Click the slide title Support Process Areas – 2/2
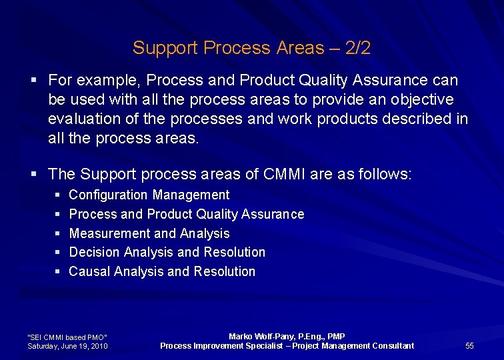pyautogui.click(x=251, y=48)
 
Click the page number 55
pyautogui.click(x=469, y=345)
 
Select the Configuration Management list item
pyautogui.click(x=149, y=195)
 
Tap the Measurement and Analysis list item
pyautogui.click(x=149, y=233)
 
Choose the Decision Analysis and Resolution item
pyautogui.click(x=167, y=253)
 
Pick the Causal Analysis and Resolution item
pyautogui.click(x=162, y=271)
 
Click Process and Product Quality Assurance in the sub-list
pyautogui.click(x=186, y=215)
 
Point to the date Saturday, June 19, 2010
pyautogui.click(x=67, y=346)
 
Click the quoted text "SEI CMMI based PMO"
pyautogui.click(x=67, y=337)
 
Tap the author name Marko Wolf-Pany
pyautogui.click(x=263, y=337)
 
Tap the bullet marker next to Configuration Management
pyautogui.click(x=58, y=195)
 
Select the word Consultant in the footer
pyautogui.click(x=393, y=345)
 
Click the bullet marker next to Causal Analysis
pyautogui.click(x=58, y=272)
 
